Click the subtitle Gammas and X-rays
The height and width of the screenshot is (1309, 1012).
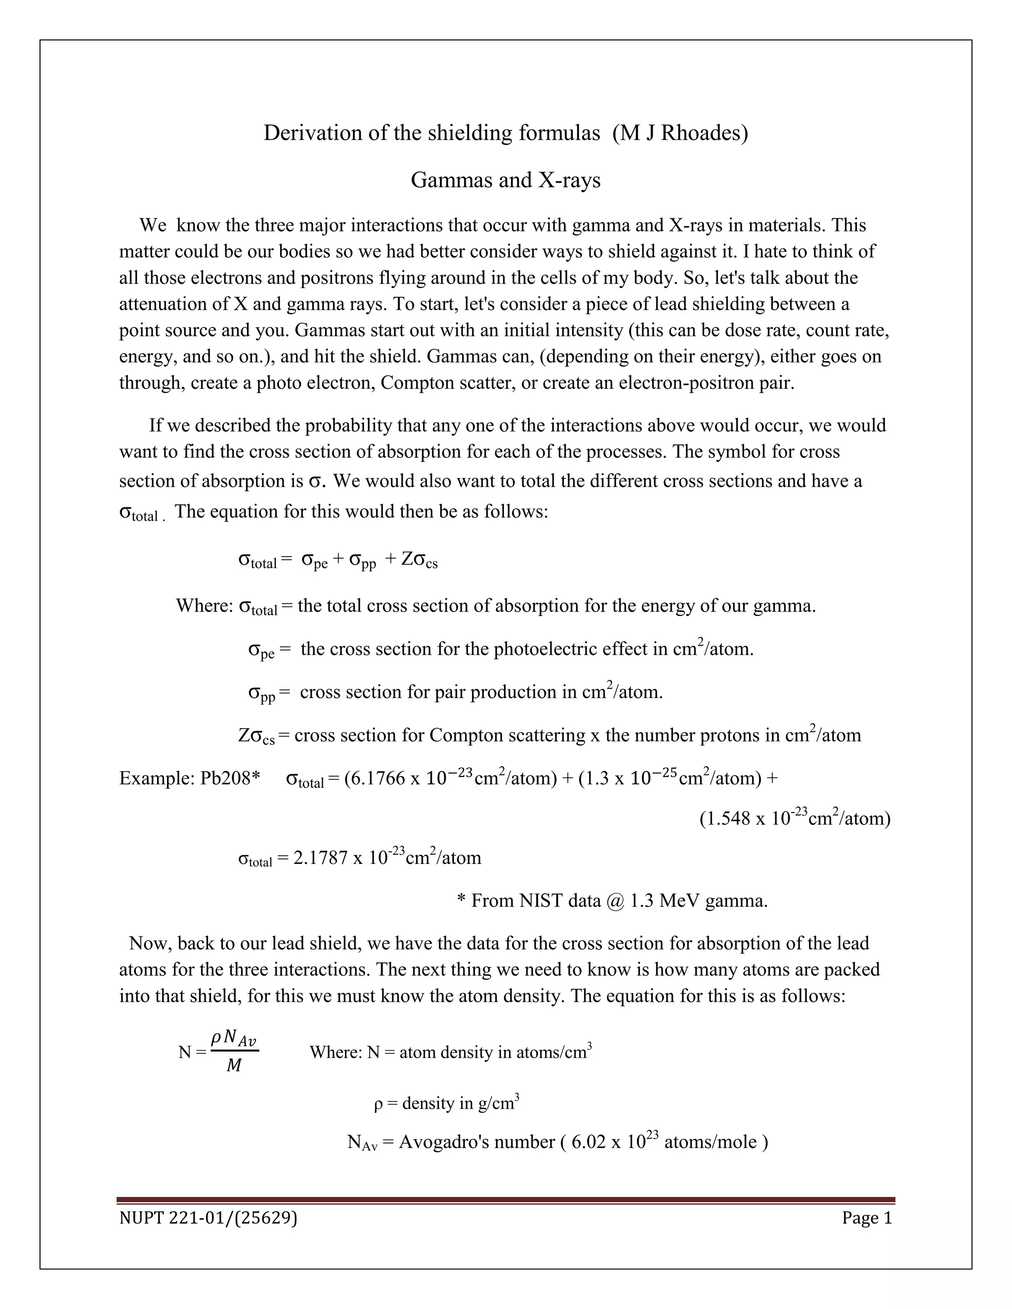coord(506,180)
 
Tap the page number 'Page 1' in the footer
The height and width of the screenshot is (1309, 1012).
coord(867,1218)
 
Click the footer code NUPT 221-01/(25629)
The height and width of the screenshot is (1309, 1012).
coord(208,1218)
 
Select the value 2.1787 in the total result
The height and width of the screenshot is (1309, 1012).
coord(320,858)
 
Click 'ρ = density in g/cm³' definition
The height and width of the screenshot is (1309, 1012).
coord(446,1103)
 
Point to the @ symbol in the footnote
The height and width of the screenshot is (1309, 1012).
coord(616,901)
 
